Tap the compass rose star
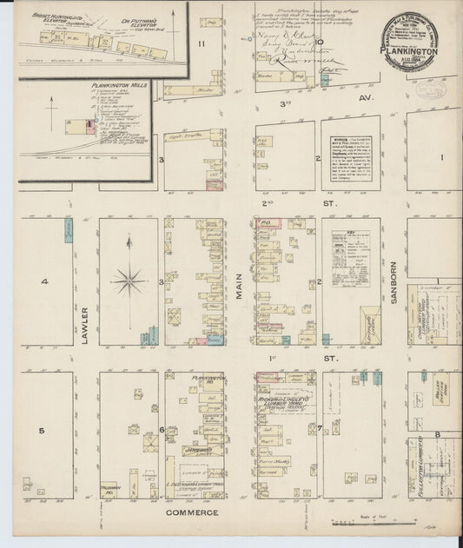[129, 280]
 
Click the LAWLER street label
[86, 325]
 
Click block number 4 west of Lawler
[43, 281]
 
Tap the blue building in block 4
[68, 230]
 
